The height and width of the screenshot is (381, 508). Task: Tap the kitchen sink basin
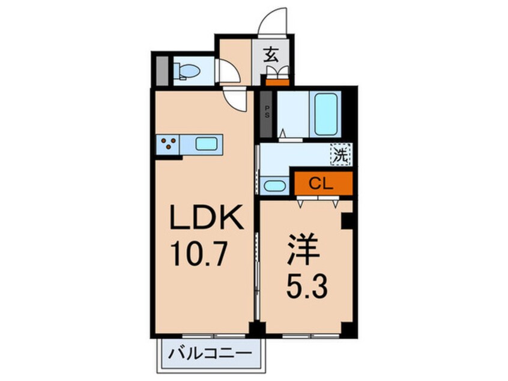click(207, 144)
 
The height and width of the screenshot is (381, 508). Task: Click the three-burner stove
click(169, 144)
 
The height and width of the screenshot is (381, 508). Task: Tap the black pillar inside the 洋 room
click(346, 221)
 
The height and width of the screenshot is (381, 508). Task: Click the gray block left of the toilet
click(161, 72)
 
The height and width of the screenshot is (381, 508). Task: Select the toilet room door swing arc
click(226, 71)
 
